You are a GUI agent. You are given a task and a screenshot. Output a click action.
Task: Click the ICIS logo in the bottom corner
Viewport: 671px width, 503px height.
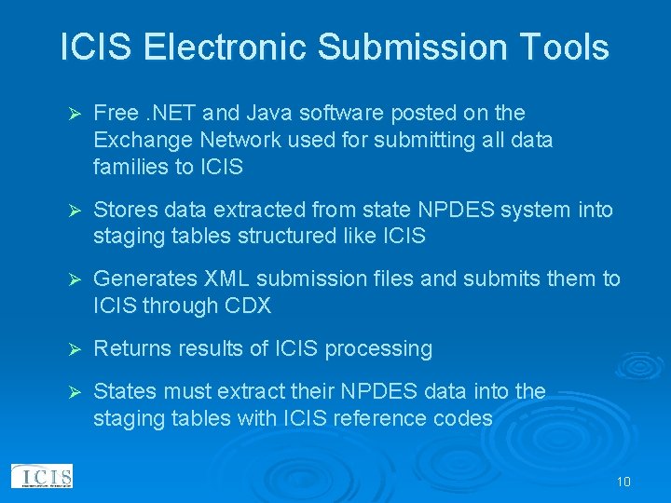pyautogui.click(x=41, y=477)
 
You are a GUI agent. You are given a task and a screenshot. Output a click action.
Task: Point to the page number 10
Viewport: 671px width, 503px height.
pyautogui.click(x=623, y=482)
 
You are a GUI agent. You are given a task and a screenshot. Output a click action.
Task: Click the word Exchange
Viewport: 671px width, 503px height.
pyautogui.click(x=137, y=141)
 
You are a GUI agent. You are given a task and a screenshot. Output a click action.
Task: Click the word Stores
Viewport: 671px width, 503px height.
pyautogui.click(x=126, y=211)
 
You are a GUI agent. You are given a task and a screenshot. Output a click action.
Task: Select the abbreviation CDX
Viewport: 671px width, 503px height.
pyautogui.click(x=279, y=306)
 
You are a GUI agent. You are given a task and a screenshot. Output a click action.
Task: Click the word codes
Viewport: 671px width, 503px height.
pyautogui.click(x=463, y=418)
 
